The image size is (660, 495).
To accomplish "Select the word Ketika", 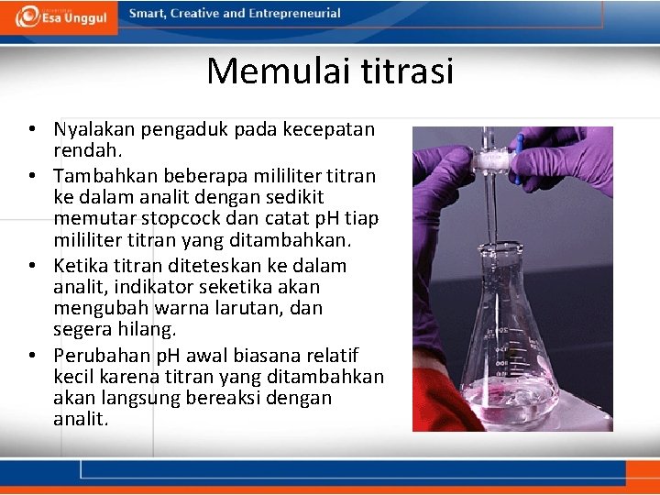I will click(x=82, y=266).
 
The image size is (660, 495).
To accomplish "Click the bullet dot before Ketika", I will click(x=31, y=266).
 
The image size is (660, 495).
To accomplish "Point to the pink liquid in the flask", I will click(x=513, y=403).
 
